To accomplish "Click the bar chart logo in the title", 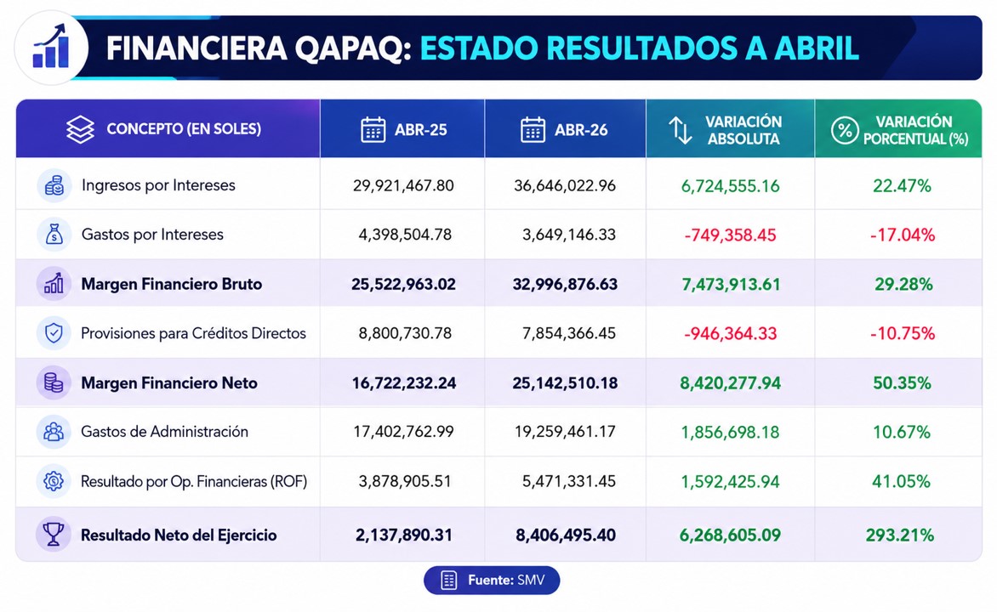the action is pos(51,48).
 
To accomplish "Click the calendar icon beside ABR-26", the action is pos(533,130).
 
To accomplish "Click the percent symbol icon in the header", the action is pos(845,130).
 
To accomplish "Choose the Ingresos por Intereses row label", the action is pos(158,185).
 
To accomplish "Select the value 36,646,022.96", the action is pos(565,185).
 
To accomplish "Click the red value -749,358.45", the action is pos(730,235).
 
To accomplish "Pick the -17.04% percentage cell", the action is pos(903,235).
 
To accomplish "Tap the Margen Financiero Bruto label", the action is pos(172,284).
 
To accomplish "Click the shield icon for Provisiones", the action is pos(54,333).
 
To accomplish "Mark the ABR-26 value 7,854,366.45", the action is pos(569,333).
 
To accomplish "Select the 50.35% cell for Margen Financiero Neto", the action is pos(902,383).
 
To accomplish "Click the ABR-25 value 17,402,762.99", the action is pos(404,432).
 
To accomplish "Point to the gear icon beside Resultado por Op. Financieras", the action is pos(54,481).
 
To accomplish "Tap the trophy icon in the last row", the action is pos(54,534).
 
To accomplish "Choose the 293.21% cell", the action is pos(900,535).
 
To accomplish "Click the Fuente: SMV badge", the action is pos(492,581).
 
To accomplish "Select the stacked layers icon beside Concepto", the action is pos(80,130).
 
